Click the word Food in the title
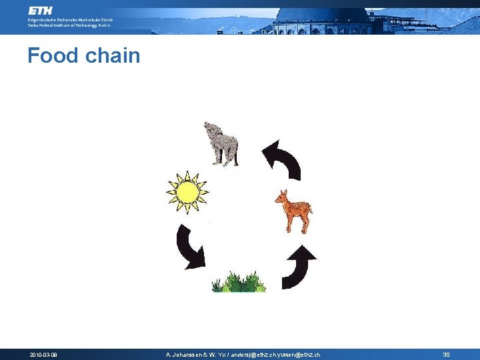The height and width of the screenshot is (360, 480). click(52, 55)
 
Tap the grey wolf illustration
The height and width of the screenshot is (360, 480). click(222, 143)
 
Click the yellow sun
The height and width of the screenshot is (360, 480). click(187, 192)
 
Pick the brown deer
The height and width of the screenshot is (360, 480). click(293, 211)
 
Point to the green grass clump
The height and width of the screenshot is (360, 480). click(239, 281)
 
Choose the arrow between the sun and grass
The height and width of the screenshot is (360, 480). click(190, 246)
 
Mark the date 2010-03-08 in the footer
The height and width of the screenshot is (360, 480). click(43, 355)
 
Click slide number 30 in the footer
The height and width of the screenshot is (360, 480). click(446, 355)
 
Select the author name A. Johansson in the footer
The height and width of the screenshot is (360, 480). click(186, 355)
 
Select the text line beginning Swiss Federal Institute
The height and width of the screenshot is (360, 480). click(71, 26)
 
